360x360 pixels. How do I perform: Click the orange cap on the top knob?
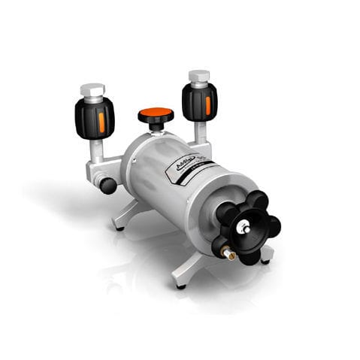coord(156,115)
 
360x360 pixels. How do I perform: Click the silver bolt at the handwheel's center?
coord(243,226)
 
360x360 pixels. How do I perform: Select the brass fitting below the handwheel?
coord(228,256)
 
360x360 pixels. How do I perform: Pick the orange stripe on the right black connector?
coord(208,105)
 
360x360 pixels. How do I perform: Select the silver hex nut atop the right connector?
coord(199,77)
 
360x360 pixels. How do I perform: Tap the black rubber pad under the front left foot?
coord(180,286)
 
